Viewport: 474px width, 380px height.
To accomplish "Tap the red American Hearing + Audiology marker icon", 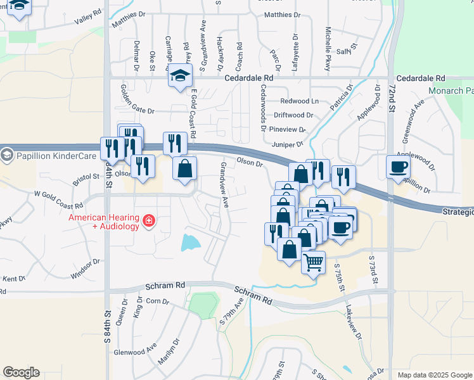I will point(148,220).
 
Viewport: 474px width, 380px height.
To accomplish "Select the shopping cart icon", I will point(314,262).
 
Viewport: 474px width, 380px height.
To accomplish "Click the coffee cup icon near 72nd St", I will point(398,167).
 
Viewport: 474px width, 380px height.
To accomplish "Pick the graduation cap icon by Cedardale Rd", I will point(180,76).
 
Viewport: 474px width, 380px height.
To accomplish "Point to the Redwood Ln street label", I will point(300,101).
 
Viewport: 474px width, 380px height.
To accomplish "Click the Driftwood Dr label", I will point(293,115).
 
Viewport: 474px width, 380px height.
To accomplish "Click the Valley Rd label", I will point(87,17).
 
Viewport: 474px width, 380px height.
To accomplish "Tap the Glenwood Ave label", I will point(134,349).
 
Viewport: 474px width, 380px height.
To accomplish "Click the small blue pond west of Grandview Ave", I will point(189,242).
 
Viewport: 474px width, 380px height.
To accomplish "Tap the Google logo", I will point(21,372).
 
